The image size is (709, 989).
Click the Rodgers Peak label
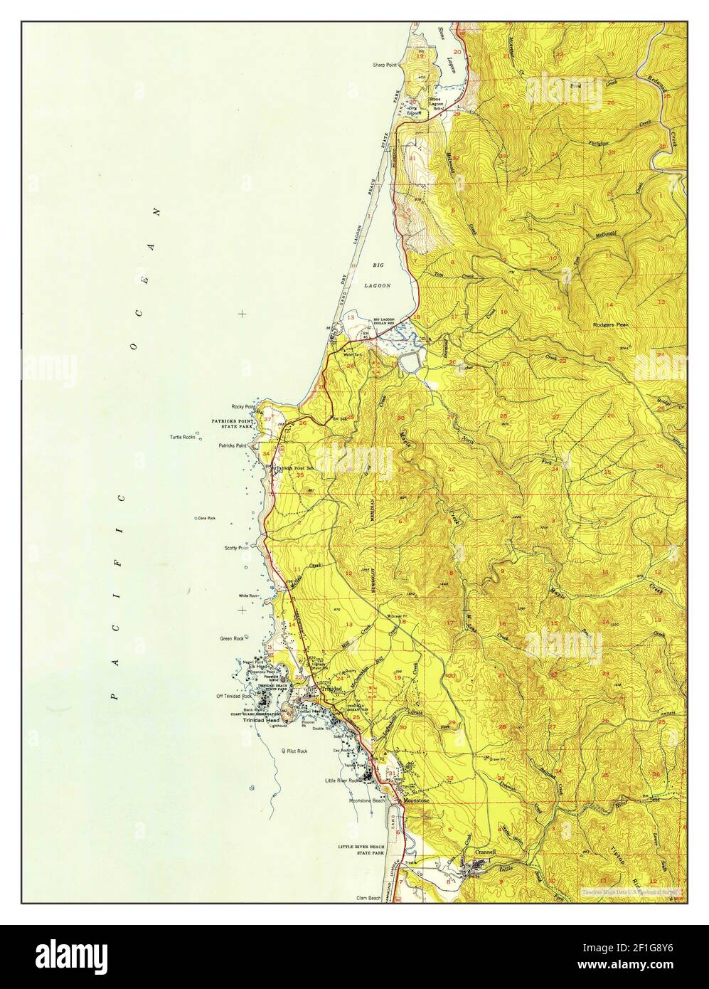pos(610,324)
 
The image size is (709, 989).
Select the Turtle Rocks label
pos(182,437)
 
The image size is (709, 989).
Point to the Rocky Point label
pos(243,406)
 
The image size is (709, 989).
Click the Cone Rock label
pos(206,518)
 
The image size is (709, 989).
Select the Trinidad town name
pos(332,689)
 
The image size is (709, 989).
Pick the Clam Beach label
pos(370,899)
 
